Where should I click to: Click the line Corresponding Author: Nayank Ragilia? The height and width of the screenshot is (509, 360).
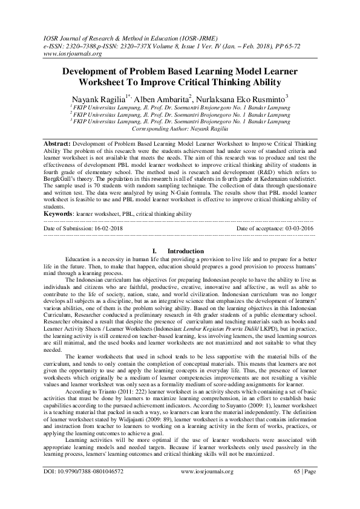[180, 129]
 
